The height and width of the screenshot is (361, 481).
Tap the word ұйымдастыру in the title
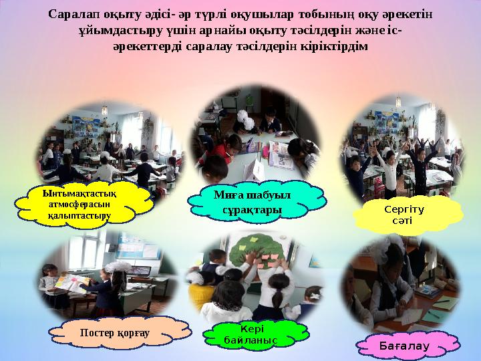(116, 31)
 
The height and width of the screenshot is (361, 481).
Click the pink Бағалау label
(408, 345)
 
